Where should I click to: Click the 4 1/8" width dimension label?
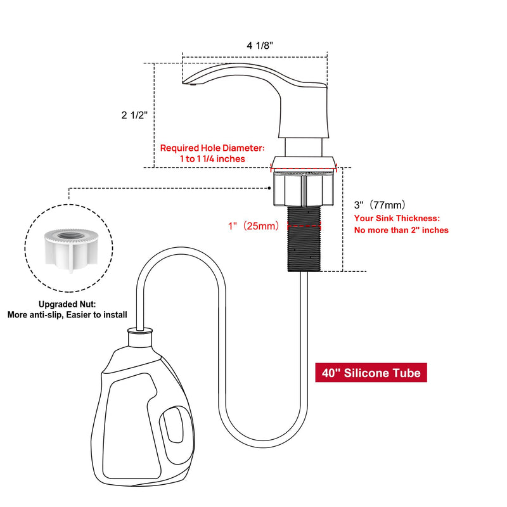(260, 46)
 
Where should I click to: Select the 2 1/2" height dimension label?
(134, 115)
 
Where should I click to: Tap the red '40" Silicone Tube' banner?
(371, 373)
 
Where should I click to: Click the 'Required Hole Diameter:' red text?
(212, 148)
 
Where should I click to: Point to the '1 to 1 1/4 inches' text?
(212, 159)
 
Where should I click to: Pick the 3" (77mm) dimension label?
(380, 205)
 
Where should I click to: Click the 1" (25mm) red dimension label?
(253, 226)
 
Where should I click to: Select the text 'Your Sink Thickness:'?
(397, 218)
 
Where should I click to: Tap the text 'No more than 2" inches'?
(401, 230)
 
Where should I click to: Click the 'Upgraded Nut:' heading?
(67, 304)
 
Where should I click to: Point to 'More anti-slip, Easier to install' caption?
(67, 314)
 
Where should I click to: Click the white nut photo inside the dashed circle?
(71, 249)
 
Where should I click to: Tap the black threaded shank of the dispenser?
(304, 239)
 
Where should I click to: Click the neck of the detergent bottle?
(140, 338)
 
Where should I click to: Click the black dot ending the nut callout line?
(269, 188)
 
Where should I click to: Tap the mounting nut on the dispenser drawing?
(304, 189)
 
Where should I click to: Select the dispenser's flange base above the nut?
(304, 163)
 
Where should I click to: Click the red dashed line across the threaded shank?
(304, 226)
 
